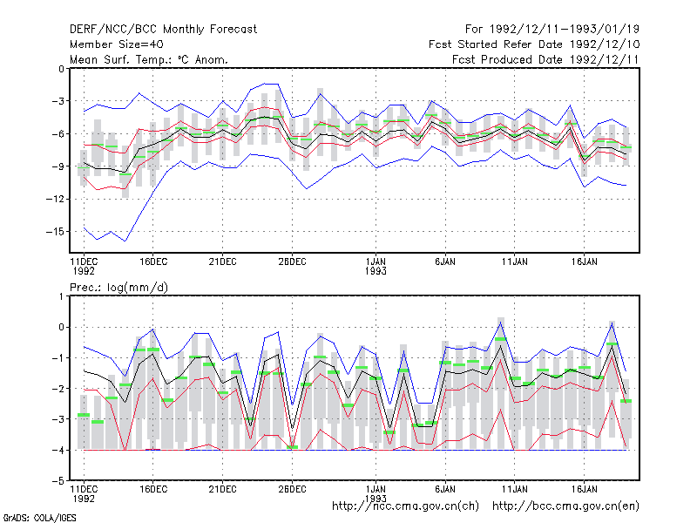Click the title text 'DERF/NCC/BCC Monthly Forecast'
pyautogui.click(x=163, y=30)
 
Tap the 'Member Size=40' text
pyautogui.click(x=117, y=44)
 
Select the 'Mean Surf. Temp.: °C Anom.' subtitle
pyautogui.click(x=149, y=59)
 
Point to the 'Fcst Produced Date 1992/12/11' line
pyautogui.click(x=545, y=59)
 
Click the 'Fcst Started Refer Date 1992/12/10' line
pyautogui.click(x=534, y=44)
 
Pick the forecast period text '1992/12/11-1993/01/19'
pyautogui.click(x=565, y=30)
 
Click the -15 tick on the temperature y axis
pyautogui.click(x=55, y=232)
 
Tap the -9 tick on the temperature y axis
pyautogui.click(x=58, y=166)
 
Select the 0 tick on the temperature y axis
pyautogui.click(x=61, y=69)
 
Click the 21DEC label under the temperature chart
pyautogui.click(x=223, y=262)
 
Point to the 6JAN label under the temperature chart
pyautogui.click(x=445, y=262)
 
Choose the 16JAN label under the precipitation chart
pyautogui.click(x=584, y=490)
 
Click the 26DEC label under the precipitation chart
pyautogui.click(x=292, y=490)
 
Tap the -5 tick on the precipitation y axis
pyautogui.click(x=58, y=481)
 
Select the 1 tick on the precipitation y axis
pyautogui.click(x=61, y=296)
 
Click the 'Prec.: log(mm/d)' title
pyautogui.click(x=118, y=288)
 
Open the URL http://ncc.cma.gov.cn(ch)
pyautogui.click(x=405, y=506)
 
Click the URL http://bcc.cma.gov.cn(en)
pyautogui.click(x=565, y=506)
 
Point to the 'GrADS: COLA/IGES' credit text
pyautogui.click(x=39, y=518)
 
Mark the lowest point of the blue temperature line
pyautogui.click(x=125, y=241)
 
